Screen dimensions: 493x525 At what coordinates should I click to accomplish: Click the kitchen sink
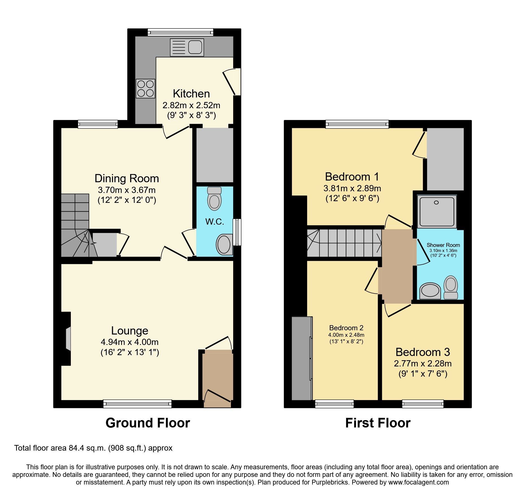[x=187, y=47]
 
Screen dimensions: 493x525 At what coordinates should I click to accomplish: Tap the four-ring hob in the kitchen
[x=145, y=88]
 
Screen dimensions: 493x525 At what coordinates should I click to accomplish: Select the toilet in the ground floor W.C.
[x=214, y=199]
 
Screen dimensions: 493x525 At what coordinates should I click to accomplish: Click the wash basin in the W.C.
[x=224, y=244]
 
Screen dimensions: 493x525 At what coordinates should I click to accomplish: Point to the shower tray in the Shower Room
[x=437, y=211]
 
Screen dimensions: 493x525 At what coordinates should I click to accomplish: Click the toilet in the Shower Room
[x=451, y=288]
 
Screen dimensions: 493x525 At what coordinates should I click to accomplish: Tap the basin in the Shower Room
[x=430, y=291]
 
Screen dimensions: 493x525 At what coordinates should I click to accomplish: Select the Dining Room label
[x=127, y=179]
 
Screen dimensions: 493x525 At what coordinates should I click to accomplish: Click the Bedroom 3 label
[x=423, y=352]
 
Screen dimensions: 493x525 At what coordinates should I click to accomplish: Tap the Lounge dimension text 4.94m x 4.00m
[x=130, y=342]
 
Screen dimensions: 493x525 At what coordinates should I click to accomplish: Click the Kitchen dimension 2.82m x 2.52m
[x=191, y=105]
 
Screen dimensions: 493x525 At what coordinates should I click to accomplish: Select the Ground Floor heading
[x=148, y=423]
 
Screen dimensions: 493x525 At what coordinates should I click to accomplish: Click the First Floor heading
[x=378, y=423]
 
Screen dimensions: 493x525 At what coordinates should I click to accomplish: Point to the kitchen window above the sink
[x=180, y=32]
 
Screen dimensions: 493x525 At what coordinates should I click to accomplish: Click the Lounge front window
[x=137, y=404]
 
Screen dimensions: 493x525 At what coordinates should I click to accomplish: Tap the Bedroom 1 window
[x=357, y=124]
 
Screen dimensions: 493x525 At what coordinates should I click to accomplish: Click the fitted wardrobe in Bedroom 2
[x=302, y=358]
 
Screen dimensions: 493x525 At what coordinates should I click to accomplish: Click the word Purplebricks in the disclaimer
[x=330, y=482]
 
